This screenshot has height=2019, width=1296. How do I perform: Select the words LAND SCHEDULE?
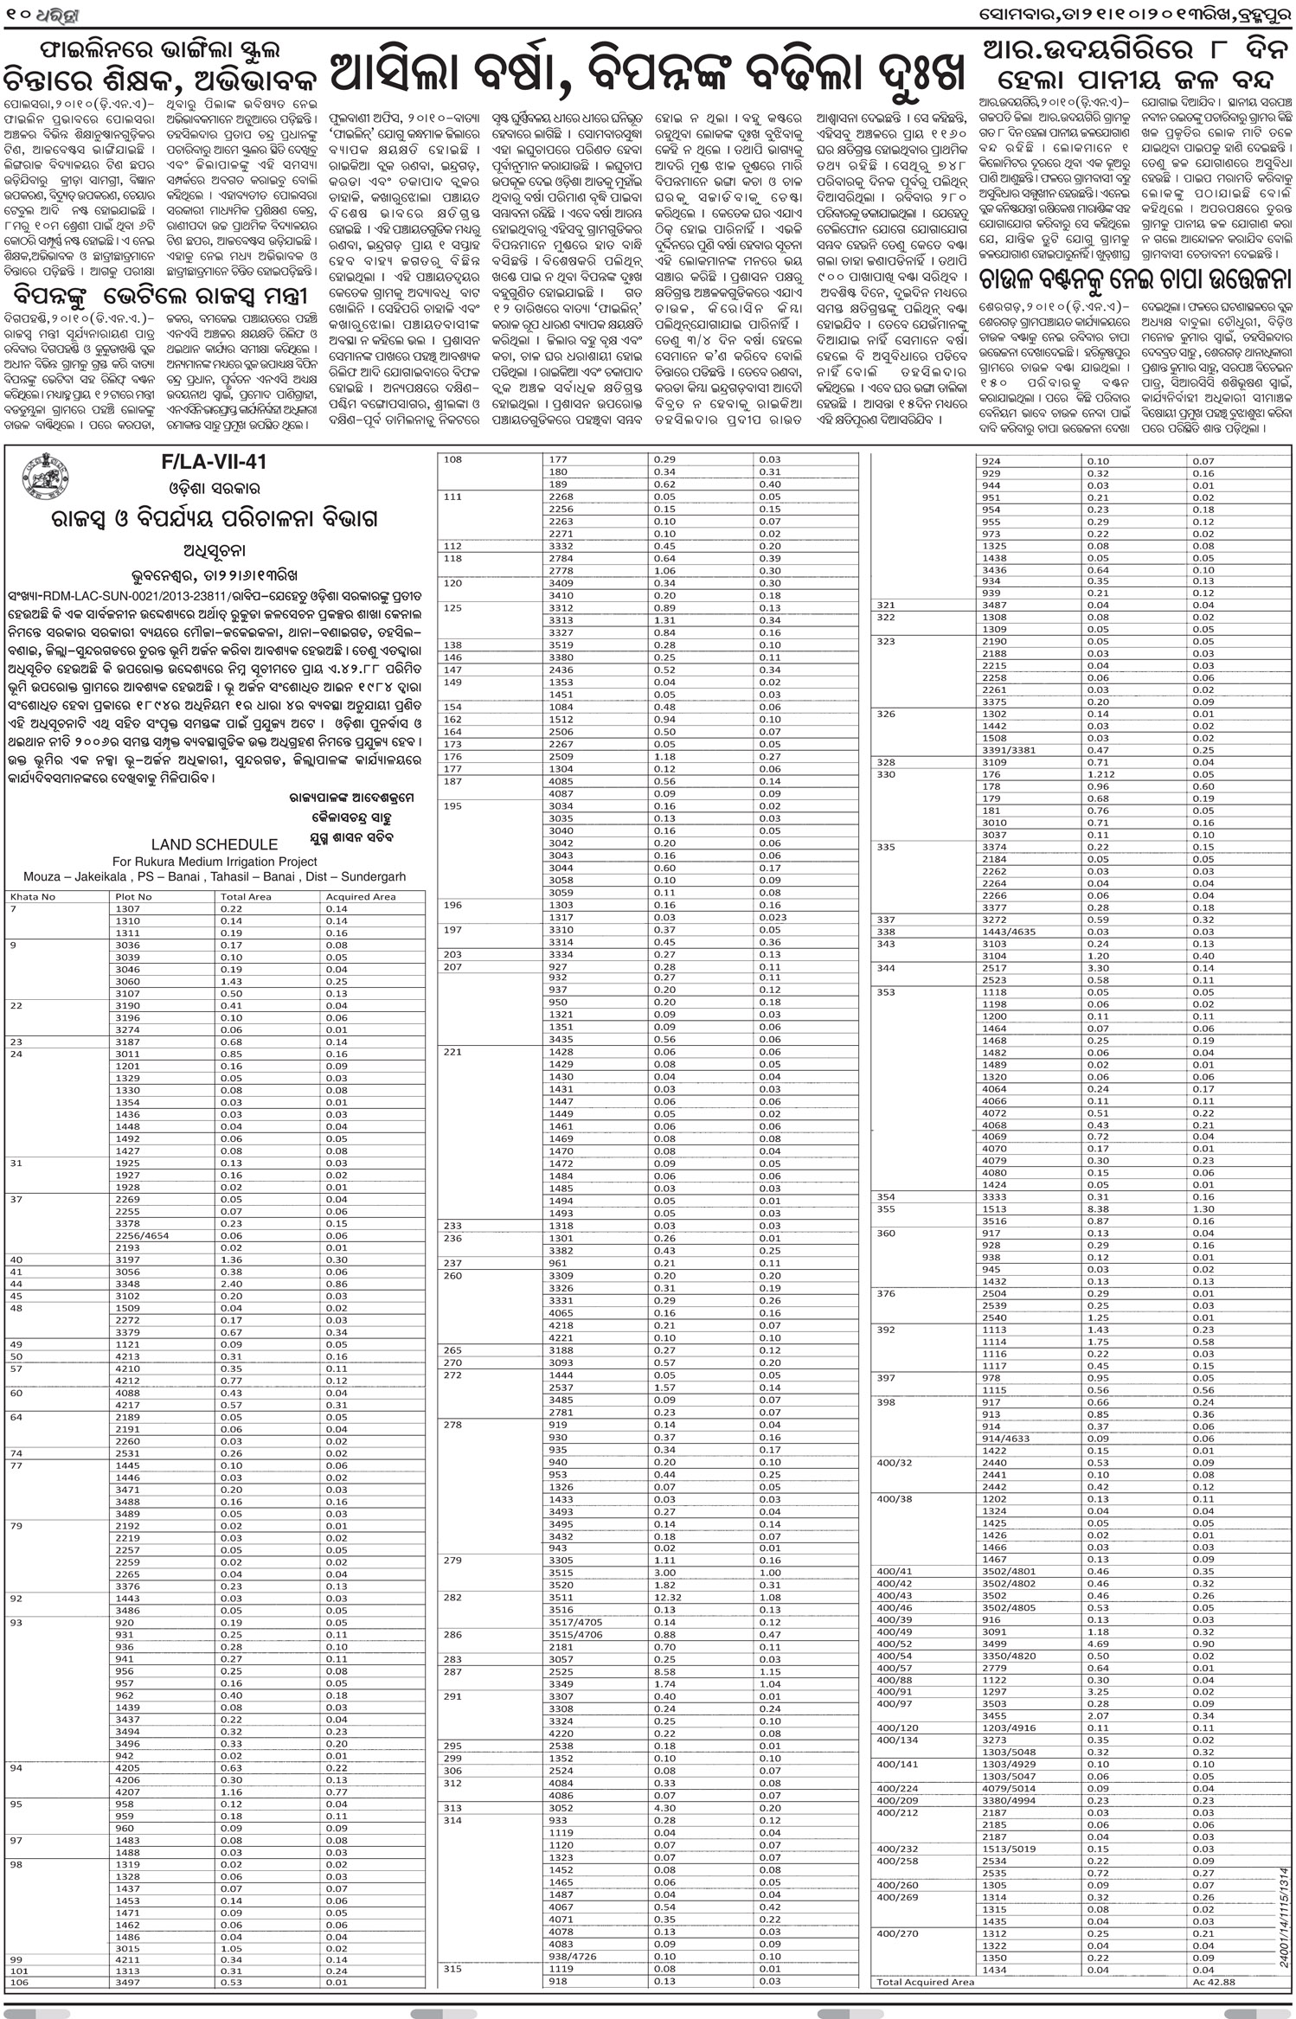click(215, 844)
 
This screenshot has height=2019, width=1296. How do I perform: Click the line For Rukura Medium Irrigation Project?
click(215, 862)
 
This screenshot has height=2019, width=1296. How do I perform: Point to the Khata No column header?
click(33, 896)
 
